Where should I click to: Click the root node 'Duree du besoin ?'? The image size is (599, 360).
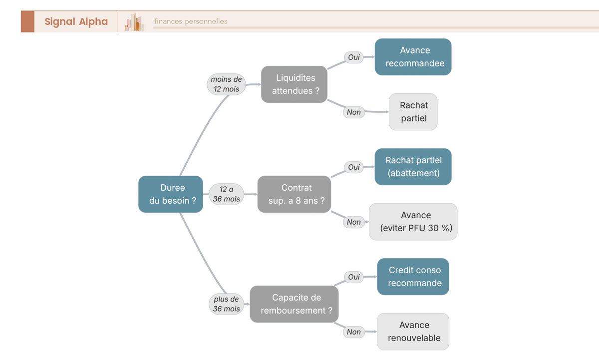coord(171,194)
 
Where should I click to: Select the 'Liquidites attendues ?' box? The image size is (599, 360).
coord(294,84)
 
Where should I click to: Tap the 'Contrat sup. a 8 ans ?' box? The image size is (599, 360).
coord(294,194)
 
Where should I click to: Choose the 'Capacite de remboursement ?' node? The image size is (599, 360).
coord(294,304)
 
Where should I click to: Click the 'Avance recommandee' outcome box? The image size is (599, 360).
coord(413,57)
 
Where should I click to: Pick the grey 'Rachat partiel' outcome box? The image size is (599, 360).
coord(413,112)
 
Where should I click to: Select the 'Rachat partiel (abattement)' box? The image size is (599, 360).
coord(413,167)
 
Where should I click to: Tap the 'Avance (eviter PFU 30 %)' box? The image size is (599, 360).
coord(413,222)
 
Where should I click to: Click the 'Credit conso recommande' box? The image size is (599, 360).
coord(413,277)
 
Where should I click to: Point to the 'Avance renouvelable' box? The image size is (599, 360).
coord(413,332)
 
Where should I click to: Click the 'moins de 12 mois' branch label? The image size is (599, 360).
coord(226,84)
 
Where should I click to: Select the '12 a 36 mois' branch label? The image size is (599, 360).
coord(226,194)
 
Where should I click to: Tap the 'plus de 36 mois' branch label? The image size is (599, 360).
coord(226,304)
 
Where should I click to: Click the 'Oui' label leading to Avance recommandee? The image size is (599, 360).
coord(353,57)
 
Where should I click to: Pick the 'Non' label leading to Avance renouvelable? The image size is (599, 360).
coord(353,332)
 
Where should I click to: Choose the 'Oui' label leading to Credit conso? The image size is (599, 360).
coord(353,277)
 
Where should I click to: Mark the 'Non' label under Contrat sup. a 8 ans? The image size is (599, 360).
coord(353,222)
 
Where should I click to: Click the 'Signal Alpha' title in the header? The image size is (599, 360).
coord(76,21)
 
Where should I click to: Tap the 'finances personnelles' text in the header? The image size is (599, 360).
coord(191,21)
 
